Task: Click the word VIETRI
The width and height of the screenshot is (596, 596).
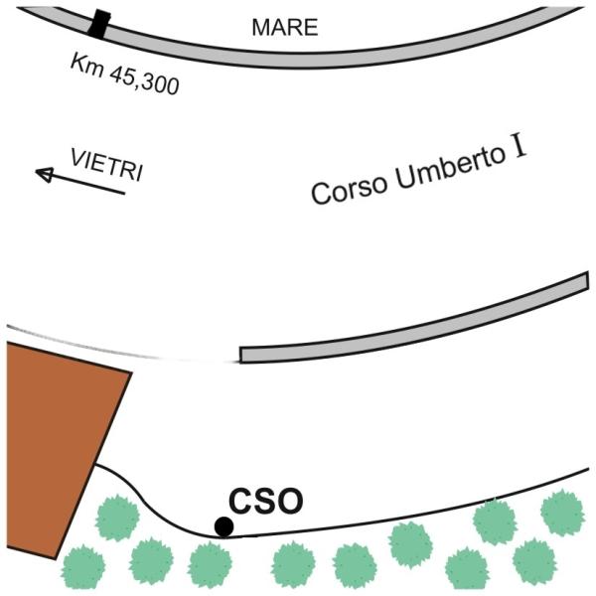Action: point(105,164)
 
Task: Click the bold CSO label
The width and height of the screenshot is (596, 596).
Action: point(266,502)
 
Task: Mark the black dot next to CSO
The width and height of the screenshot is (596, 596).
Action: point(224,526)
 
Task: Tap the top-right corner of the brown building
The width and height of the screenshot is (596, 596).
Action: point(130,373)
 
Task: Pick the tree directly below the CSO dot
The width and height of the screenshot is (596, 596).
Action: point(212,564)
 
